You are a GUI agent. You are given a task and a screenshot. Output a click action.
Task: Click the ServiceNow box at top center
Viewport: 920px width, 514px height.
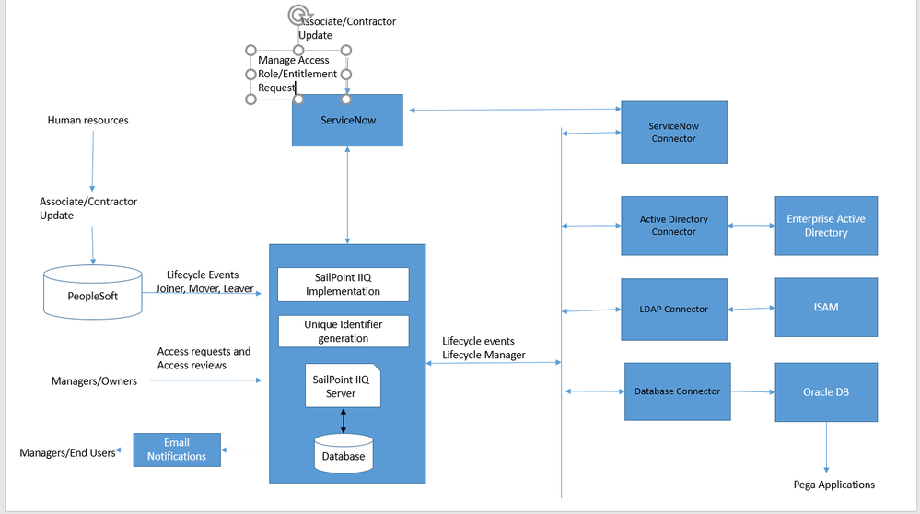coord(347,120)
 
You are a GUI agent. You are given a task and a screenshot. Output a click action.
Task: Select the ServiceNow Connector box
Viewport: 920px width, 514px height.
coord(673,133)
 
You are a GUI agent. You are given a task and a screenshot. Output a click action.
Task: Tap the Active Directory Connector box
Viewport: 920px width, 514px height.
coord(673,226)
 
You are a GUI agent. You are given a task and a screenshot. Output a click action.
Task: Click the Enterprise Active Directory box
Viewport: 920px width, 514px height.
coord(825,226)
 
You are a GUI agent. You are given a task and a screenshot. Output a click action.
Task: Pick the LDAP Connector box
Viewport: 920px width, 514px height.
coord(673,310)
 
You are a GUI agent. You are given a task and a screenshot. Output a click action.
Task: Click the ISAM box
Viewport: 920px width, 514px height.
coord(825,307)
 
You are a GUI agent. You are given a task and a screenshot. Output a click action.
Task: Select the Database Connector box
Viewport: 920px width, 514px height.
coord(677,391)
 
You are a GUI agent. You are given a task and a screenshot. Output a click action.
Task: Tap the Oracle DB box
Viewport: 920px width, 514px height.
coord(825,392)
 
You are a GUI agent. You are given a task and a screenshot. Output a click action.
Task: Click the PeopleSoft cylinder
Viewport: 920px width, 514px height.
coord(93,295)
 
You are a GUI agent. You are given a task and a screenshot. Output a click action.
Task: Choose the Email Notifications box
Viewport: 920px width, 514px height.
coord(177,450)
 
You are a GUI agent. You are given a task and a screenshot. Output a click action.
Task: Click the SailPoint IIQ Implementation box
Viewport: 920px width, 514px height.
coord(343,284)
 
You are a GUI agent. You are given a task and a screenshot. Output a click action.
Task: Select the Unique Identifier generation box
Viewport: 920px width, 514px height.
coord(343,332)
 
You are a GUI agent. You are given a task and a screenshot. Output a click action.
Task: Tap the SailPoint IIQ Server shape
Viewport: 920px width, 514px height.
coord(343,386)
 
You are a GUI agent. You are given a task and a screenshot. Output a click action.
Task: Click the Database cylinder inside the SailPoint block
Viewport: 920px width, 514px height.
coord(343,454)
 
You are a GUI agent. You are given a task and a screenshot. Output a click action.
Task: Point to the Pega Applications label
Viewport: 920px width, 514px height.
coord(833,485)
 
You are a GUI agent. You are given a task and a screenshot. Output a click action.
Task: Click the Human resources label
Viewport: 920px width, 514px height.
coord(87,120)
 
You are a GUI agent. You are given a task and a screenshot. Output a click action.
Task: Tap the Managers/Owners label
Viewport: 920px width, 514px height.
coord(94,381)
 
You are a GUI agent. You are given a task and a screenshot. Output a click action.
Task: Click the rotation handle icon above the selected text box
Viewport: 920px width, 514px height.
coord(297,14)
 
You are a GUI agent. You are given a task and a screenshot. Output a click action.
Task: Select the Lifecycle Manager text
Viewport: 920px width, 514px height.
coord(483,355)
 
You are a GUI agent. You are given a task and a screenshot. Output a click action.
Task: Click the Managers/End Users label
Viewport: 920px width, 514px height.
coord(67,452)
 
